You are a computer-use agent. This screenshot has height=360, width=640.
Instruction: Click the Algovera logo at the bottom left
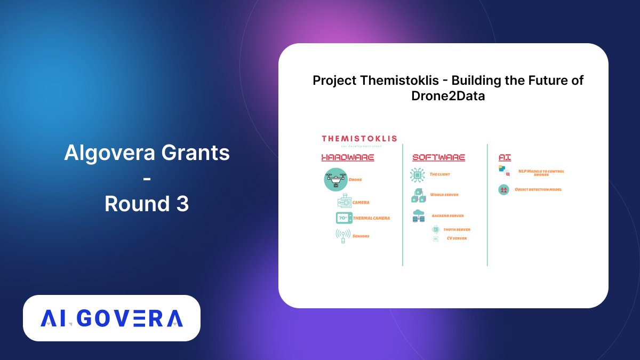(111, 318)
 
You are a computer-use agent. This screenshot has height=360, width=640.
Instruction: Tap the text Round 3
(147, 204)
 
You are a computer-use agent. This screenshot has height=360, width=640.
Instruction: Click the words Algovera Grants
(147, 154)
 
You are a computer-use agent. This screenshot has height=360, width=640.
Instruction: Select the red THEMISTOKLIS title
(359, 138)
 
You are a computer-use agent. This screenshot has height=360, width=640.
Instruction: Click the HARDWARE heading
(347, 157)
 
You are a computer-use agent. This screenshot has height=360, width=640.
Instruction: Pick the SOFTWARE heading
(438, 157)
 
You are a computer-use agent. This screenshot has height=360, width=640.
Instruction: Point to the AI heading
(505, 157)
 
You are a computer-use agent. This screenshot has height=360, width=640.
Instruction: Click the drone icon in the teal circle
(336, 179)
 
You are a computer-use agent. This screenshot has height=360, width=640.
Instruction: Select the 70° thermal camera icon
(343, 218)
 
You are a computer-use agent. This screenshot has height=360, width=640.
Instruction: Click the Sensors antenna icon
(343, 235)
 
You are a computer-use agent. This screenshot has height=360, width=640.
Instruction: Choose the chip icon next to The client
(417, 175)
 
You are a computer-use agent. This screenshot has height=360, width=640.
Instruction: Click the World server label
(444, 195)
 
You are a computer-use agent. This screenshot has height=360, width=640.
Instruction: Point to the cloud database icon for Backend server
(419, 215)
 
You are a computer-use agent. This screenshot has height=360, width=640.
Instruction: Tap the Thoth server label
(457, 229)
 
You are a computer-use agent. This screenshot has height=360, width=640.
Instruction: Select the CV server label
(457, 238)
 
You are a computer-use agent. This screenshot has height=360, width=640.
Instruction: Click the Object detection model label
(538, 189)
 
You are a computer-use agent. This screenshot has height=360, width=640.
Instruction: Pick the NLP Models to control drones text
(541, 172)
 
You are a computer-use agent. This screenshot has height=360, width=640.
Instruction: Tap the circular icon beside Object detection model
(503, 189)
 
